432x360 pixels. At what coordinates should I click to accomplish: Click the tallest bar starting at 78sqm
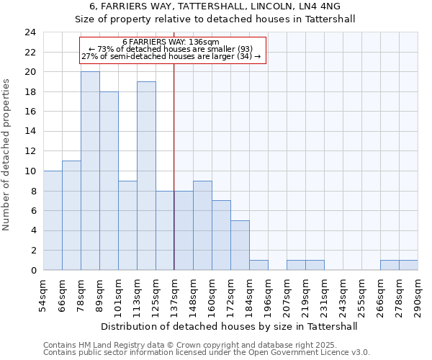(90, 171)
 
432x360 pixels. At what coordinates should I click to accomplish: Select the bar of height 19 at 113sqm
(146, 176)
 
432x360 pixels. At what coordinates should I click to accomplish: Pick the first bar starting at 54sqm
(53, 220)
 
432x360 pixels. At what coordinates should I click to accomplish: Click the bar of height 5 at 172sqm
(240, 245)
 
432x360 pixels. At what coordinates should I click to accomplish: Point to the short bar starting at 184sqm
(258, 265)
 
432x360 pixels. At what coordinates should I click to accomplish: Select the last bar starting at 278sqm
(408, 265)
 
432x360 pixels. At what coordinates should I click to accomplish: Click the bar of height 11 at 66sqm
(71, 215)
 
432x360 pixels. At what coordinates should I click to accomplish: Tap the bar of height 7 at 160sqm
(221, 235)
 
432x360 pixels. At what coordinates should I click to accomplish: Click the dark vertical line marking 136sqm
(174, 166)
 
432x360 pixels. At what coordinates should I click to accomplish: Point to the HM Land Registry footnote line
(190, 345)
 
